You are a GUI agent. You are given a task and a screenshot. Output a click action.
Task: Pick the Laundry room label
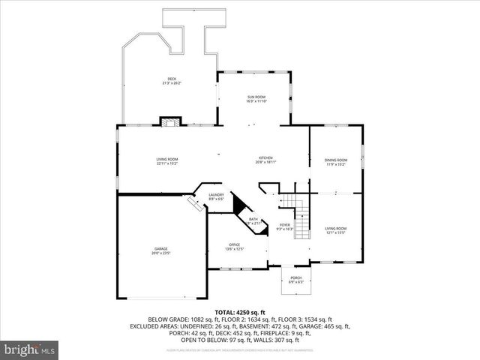[x=216, y=196]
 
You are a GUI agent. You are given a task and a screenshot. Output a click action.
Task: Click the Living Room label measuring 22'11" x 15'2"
[x=166, y=160]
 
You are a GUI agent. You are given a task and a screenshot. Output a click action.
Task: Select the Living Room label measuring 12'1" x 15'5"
[x=335, y=229]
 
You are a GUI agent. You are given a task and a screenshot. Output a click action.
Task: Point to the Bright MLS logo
[x=29, y=349]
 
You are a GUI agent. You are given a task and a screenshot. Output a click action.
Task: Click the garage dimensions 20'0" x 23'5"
[x=161, y=253]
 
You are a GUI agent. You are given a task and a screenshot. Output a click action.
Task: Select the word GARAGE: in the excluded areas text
[x=312, y=326]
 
